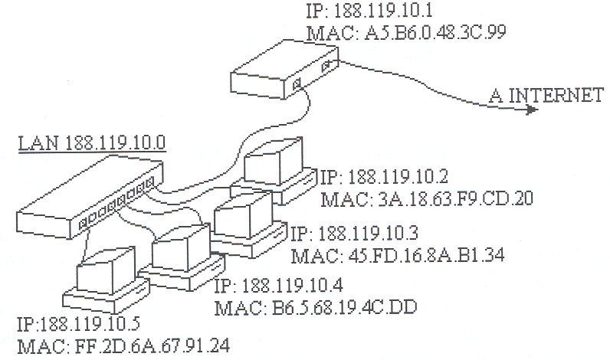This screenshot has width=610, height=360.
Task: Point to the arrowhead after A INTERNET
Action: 530,109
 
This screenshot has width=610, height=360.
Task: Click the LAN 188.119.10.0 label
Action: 93,142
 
